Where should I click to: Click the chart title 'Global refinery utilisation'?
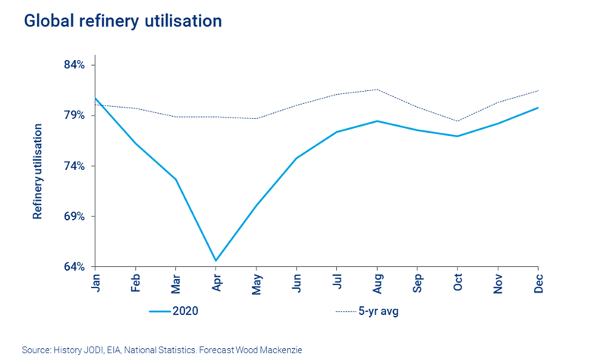tap(123, 21)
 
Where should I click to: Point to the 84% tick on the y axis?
tap(74, 65)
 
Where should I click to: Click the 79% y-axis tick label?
tap(74, 115)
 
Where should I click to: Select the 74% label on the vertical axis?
tap(74, 166)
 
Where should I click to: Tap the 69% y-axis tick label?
tap(74, 217)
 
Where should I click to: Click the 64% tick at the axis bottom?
tap(74, 267)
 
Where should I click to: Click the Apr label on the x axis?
tap(216, 283)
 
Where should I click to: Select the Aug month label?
tap(377, 283)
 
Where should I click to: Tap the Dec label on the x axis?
tap(538, 283)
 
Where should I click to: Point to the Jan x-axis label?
tap(96, 282)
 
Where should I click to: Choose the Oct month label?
tap(458, 282)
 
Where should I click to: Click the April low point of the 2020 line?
tap(216, 261)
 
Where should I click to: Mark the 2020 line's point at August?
tap(377, 121)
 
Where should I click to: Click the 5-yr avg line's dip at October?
tap(458, 121)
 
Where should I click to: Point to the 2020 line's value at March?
tap(176, 179)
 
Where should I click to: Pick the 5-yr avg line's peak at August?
tap(377, 89)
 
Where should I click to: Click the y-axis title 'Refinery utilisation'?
tap(37, 171)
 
